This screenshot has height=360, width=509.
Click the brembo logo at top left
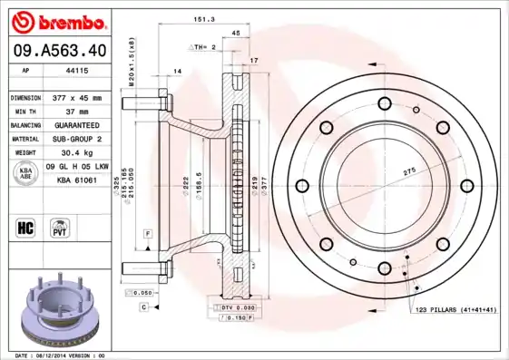tap(56, 20)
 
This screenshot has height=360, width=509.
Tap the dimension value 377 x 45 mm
tap(76, 97)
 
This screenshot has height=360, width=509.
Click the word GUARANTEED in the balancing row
tap(76, 124)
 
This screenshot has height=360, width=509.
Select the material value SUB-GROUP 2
tap(76, 139)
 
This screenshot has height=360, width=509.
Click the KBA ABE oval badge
tap(26, 174)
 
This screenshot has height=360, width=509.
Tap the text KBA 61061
tap(77, 181)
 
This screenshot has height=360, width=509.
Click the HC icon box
tap(26, 227)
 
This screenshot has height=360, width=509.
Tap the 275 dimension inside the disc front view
tap(408, 171)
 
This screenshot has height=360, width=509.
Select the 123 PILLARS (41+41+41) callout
tap(455, 311)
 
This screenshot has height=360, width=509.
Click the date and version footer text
tap(60, 355)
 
